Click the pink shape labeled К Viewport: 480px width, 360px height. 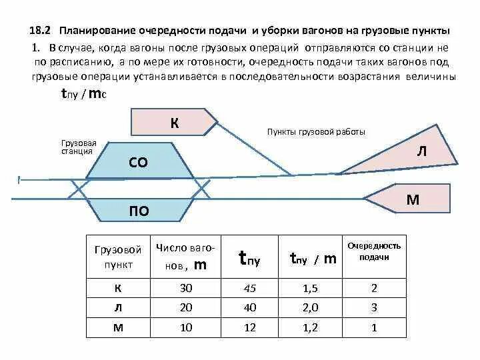(173, 122)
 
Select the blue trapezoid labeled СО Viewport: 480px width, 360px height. (138, 162)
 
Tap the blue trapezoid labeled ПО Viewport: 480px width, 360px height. (138, 211)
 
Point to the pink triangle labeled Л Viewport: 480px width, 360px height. (420, 153)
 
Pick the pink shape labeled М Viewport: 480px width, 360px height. (412, 198)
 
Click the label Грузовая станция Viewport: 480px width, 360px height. (79, 147)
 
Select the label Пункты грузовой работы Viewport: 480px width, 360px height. (315, 132)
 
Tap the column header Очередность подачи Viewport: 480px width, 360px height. (374, 251)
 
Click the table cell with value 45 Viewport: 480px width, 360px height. (250, 288)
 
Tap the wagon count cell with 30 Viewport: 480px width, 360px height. (186, 288)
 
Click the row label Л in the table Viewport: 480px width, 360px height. (119, 307)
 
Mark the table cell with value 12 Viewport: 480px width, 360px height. (250, 327)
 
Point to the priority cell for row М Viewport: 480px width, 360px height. (374, 327)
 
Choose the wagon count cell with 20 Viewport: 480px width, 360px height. (186, 307)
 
